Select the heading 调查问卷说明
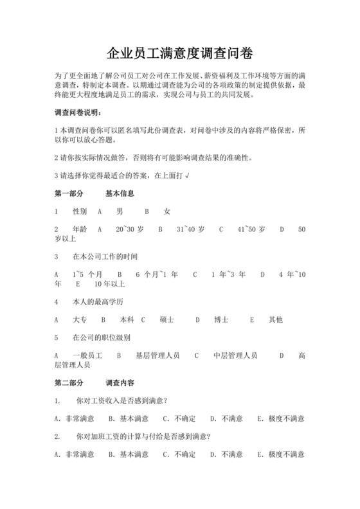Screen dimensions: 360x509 [78, 113]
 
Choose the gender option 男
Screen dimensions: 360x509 [120, 211]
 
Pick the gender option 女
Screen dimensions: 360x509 [167, 211]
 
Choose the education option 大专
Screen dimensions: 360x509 [80, 319]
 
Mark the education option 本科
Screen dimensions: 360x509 [127, 319]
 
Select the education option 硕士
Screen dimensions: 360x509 [166, 319]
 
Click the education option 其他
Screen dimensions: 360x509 [275, 319]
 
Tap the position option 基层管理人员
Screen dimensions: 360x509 [157, 355]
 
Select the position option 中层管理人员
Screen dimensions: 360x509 [235, 355]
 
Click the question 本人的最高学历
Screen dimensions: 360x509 [98, 301]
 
